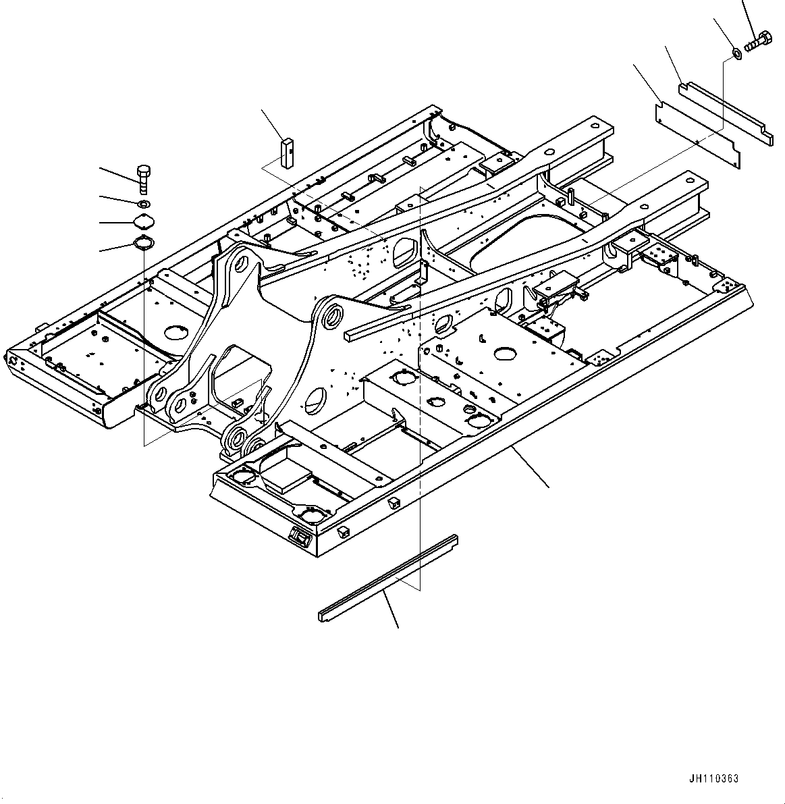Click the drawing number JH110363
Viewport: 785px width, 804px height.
coord(714,778)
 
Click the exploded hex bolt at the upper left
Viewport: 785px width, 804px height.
coord(142,178)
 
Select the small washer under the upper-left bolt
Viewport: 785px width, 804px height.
coord(143,203)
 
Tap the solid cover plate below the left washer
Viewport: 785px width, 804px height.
coord(142,222)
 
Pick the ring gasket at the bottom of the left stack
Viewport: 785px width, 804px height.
coord(142,244)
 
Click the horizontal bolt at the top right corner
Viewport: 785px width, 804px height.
coord(758,40)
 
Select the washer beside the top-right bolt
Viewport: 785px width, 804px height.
coord(736,53)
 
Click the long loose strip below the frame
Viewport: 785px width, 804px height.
coord(388,578)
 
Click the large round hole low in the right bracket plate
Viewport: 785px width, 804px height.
coord(315,401)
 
